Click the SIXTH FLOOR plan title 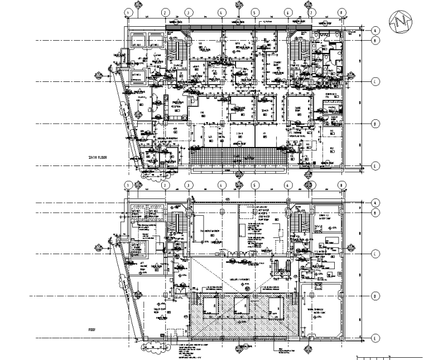point(98,158)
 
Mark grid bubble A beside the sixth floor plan point(375,30)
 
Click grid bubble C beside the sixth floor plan point(375,81)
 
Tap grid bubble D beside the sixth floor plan point(375,123)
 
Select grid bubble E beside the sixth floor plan point(375,165)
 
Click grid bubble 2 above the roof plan point(165,185)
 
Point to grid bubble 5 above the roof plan point(254,185)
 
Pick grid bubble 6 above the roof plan point(288,185)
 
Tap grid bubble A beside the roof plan point(375,203)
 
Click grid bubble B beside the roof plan point(375,212)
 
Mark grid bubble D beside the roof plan point(375,296)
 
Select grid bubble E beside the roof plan point(375,338)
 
